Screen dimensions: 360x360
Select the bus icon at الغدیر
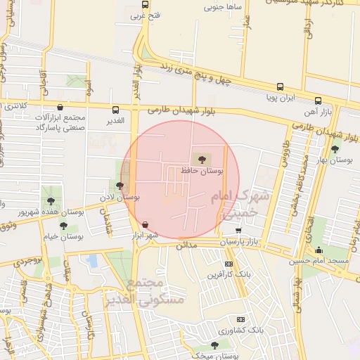[116, 110]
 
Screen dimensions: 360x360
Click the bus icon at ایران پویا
[281, 87]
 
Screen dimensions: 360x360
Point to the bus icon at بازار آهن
[318, 101]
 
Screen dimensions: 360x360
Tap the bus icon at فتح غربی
[145, 4]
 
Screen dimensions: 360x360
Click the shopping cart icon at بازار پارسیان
[238, 230]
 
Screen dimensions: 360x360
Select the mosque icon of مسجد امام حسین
[319, 250]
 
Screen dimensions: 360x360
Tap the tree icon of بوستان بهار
[335, 149]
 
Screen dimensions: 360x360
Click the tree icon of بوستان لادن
[120, 186]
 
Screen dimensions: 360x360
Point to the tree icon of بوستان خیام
[64, 226]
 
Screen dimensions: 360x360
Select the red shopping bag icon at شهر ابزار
[145, 225]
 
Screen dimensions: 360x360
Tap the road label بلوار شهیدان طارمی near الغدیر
[181, 110]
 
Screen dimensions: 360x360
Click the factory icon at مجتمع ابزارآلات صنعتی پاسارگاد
[60, 108]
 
